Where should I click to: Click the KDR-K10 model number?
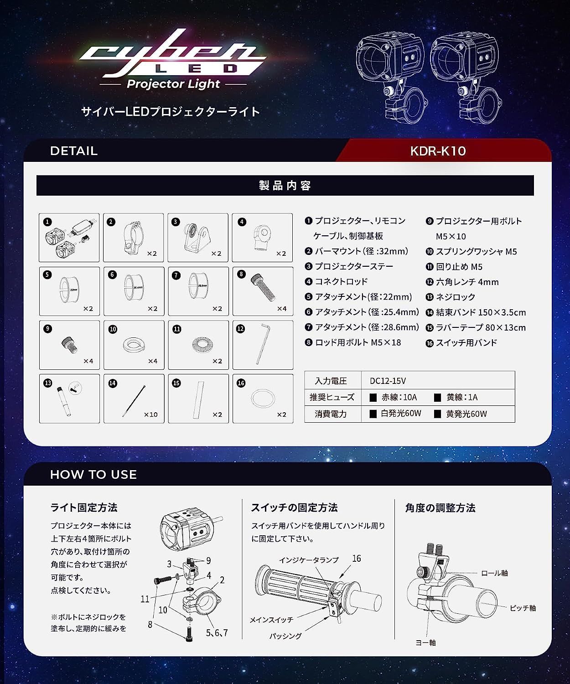[438, 151]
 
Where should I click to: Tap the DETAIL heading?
[74, 151]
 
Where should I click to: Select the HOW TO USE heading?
[93, 475]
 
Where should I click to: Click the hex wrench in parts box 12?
[263, 344]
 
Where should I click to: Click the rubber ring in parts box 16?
[263, 399]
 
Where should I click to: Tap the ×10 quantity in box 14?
[150, 415]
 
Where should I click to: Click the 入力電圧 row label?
[331, 381]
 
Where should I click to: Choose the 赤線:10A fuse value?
[399, 397]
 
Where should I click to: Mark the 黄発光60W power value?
[466, 414]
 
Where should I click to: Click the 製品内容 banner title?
[285, 186]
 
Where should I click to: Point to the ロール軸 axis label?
[494, 573]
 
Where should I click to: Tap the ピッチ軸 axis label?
[523, 608]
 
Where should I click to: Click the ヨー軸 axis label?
[425, 643]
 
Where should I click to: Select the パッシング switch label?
[285, 636]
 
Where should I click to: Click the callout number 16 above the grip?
[357, 559]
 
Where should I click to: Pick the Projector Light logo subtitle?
[173, 84]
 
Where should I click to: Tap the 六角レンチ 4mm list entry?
[467, 282]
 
